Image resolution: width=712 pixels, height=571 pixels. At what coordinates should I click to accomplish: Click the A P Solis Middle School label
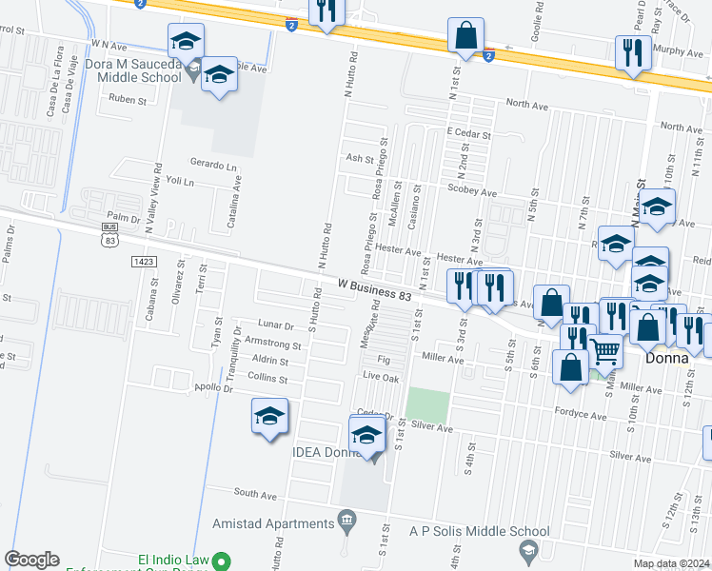479,531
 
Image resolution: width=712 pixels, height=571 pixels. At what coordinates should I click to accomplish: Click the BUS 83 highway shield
110,236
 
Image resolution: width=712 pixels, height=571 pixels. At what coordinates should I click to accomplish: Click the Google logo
32,560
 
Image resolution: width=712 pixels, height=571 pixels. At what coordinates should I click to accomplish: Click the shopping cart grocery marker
606,352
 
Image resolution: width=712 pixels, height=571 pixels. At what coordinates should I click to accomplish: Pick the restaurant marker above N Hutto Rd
326,11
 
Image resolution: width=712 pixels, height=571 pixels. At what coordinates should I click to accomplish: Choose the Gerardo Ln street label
212,166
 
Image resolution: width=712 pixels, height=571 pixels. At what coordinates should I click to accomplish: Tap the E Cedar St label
468,135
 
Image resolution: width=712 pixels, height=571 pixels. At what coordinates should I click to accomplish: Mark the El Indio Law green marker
222,561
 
